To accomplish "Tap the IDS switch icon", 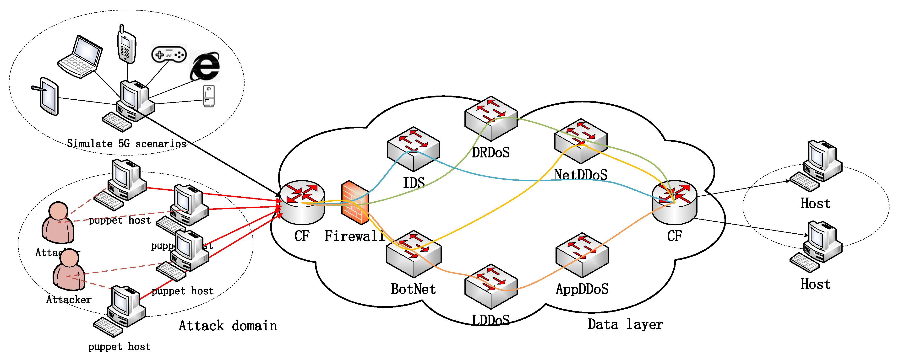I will tap(413, 149).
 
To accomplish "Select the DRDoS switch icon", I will tap(491, 118).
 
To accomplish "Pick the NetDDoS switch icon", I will tap(581, 141).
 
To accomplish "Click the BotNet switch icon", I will tap(414, 254).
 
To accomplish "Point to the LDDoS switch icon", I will tap(491, 286).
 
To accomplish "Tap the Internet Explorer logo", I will tap(205, 66).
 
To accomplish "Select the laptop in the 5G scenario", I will tap(81, 57).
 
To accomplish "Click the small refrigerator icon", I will tap(209, 96).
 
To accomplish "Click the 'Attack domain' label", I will tap(228, 326).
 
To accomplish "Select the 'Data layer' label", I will tap(625, 324).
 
